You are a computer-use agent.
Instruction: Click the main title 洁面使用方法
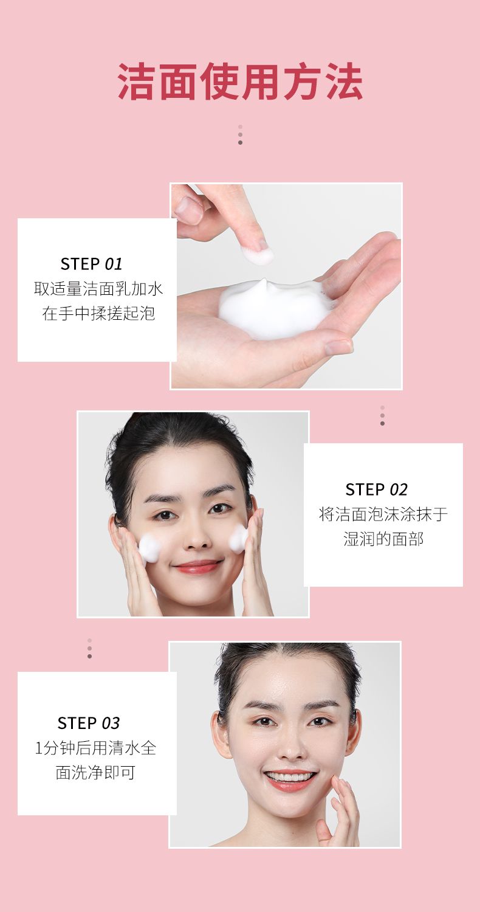click(x=240, y=81)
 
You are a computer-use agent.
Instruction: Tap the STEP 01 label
click(x=92, y=264)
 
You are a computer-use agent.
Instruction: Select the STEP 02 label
click(x=376, y=489)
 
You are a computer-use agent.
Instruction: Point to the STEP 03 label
click(x=89, y=723)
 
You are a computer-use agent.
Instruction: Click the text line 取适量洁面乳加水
click(x=98, y=289)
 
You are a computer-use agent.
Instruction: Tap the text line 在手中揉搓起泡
click(x=98, y=313)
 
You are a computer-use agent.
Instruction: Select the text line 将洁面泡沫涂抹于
click(x=383, y=514)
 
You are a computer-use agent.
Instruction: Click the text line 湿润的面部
click(x=383, y=539)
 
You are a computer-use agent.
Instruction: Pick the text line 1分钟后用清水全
click(x=95, y=748)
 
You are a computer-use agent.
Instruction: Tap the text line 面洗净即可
click(x=95, y=772)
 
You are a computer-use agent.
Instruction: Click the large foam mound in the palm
click(x=275, y=309)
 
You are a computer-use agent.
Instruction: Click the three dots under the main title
click(x=240, y=134)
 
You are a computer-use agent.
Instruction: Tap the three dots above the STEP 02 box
click(x=382, y=416)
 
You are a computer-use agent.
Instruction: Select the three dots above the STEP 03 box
click(x=89, y=649)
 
